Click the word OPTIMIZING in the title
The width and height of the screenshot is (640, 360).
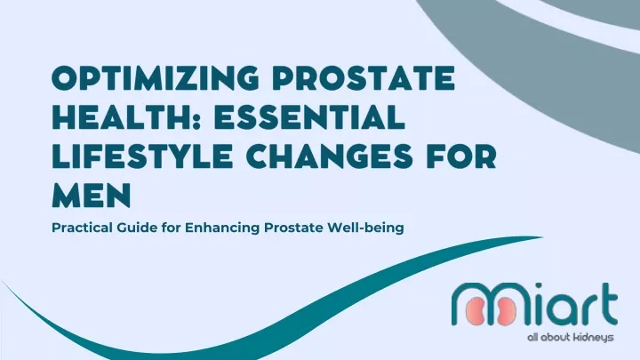click(x=155, y=77)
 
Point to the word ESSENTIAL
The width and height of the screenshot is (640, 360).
click(x=309, y=117)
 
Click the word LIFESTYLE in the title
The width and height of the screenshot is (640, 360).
click(x=142, y=156)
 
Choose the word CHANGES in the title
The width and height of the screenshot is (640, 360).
click(x=329, y=156)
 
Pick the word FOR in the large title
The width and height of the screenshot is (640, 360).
click(x=461, y=156)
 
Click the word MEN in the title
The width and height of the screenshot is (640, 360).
click(x=92, y=196)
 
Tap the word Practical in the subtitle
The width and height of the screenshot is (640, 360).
click(x=82, y=228)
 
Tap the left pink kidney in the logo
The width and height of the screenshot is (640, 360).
click(x=476, y=311)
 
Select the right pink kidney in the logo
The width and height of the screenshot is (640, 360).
click(x=506, y=311)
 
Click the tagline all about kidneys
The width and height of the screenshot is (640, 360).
click(x=570, y=338)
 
